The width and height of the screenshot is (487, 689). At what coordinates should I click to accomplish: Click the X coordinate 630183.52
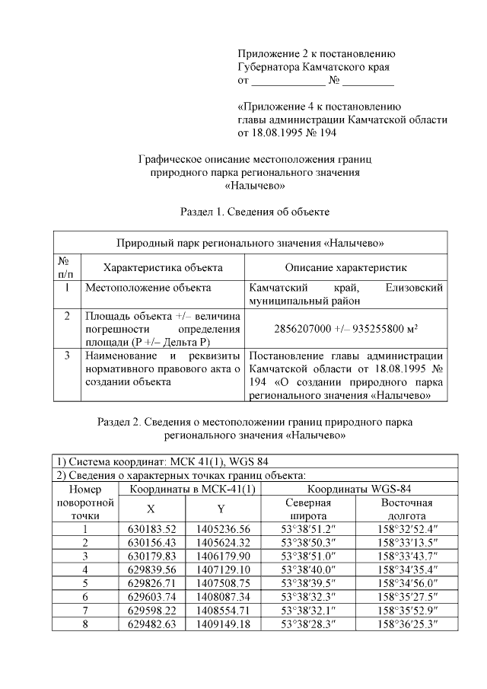150,530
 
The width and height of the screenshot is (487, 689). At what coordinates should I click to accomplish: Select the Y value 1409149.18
223,625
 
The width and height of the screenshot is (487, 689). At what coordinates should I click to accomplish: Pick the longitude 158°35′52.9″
406,611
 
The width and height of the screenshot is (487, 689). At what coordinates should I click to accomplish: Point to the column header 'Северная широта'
308,509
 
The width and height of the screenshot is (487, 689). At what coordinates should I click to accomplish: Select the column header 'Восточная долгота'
406,509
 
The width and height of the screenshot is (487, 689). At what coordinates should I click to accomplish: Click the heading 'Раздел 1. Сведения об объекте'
253,209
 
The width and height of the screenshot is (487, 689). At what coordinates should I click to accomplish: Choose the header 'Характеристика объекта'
163,267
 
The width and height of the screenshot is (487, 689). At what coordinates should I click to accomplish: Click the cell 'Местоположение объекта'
148,289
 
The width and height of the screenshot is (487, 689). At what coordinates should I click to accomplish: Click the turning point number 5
85,584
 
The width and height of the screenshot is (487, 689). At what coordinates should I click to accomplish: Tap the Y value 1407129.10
223,570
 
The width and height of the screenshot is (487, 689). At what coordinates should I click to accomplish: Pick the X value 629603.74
150,598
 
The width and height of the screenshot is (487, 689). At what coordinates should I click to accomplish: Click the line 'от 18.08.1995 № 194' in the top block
287,133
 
